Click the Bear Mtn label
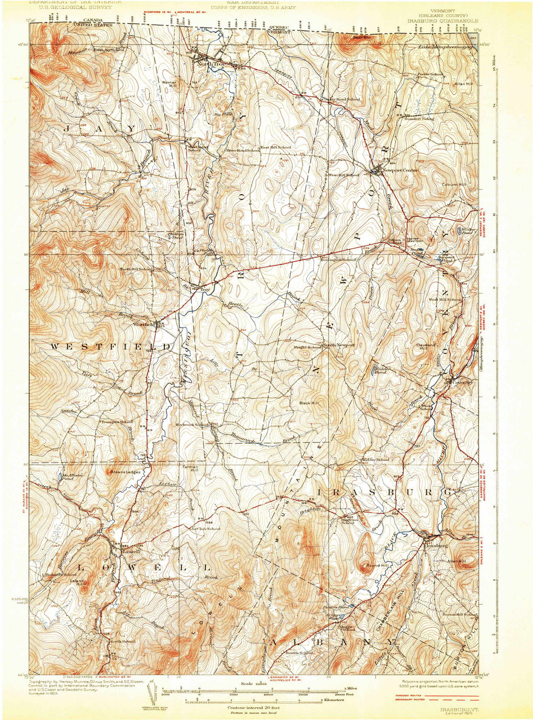[x=360, y=38]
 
